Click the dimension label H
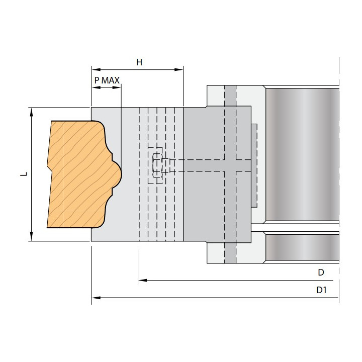(x=139, y=62)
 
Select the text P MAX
(x=106, y=79)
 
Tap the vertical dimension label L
(x=22, y=174)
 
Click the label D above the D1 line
(x=320, y=272)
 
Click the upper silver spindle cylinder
(x=302, y=153)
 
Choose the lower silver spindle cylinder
(x=302, y=247)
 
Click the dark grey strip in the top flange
(x=230, y=96)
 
